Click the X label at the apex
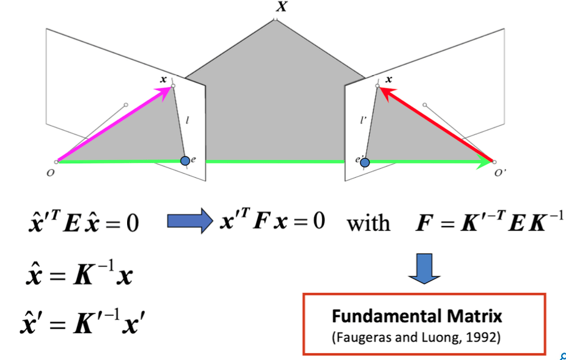(x=281, y=8)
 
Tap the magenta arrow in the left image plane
(x=113, y=125)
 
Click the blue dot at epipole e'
(x=365, y=163)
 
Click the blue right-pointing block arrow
(x=189, y=221)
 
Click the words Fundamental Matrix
(x=417, y=317)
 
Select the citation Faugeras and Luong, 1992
(x=417, y=337)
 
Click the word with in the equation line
(x=369, y=222)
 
